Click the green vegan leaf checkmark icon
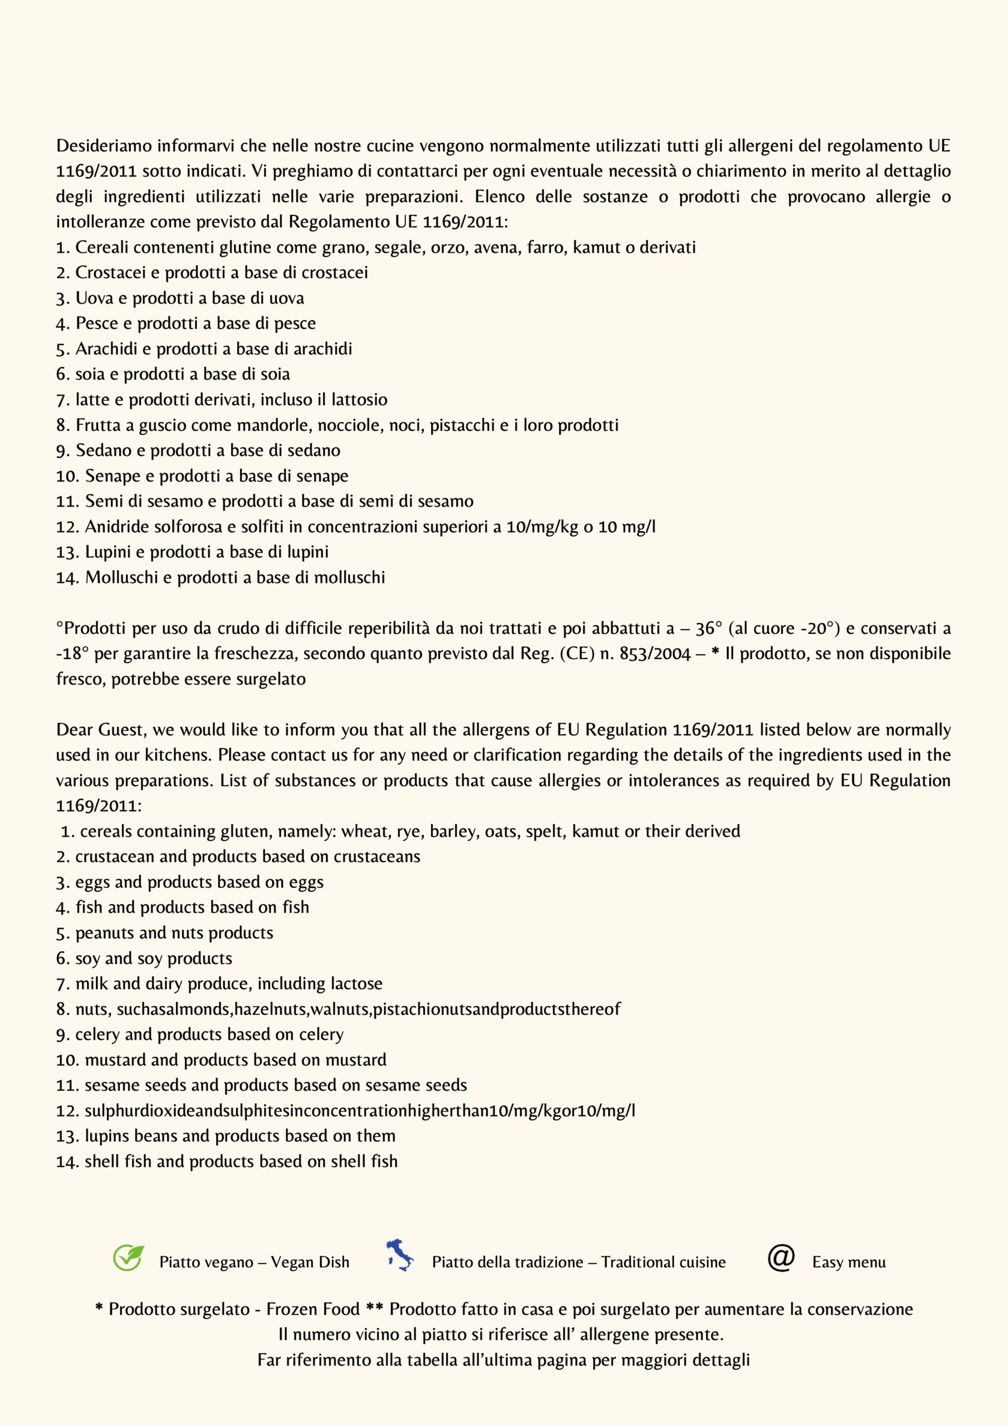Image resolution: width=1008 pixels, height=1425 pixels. [129, 1257]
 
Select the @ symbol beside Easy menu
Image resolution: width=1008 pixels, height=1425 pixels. [781, 1257]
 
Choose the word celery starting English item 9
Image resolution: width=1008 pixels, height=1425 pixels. [97, 1035]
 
